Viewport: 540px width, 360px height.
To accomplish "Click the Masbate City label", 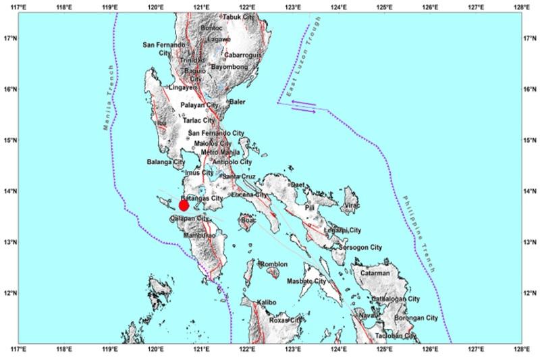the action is [x=307, y=281].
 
